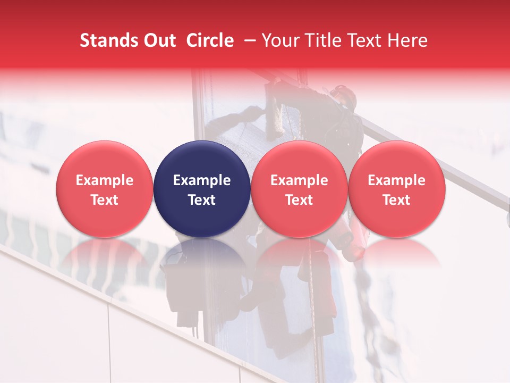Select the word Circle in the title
[x=210, y=40]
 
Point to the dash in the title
[x=248, y=40]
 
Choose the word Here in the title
[x=408, y=40]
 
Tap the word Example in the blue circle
[x=202, y=180]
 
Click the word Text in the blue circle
[x=202, y=200]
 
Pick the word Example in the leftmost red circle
[x=104, y=180]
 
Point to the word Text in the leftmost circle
[x=104, y=200]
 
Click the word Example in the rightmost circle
[x=396, y=180]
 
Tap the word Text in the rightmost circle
[x=396, y=200]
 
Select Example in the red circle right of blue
[x=299, y=180]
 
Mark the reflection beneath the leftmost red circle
[x=104, y=253]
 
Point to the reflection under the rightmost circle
[x=396, y=253]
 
